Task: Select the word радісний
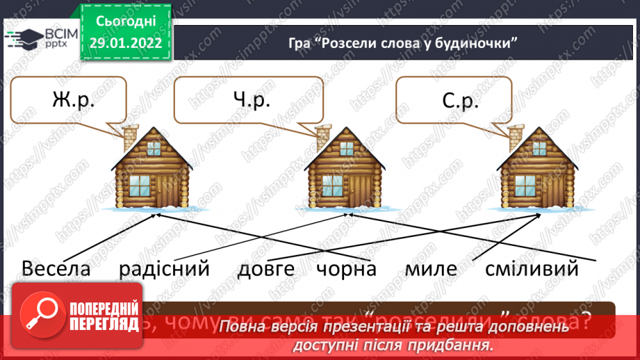tap(163, 268)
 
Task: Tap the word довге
tap(266, 269)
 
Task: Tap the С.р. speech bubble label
tap(459, 102)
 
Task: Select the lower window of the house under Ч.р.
tap(330, 186)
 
